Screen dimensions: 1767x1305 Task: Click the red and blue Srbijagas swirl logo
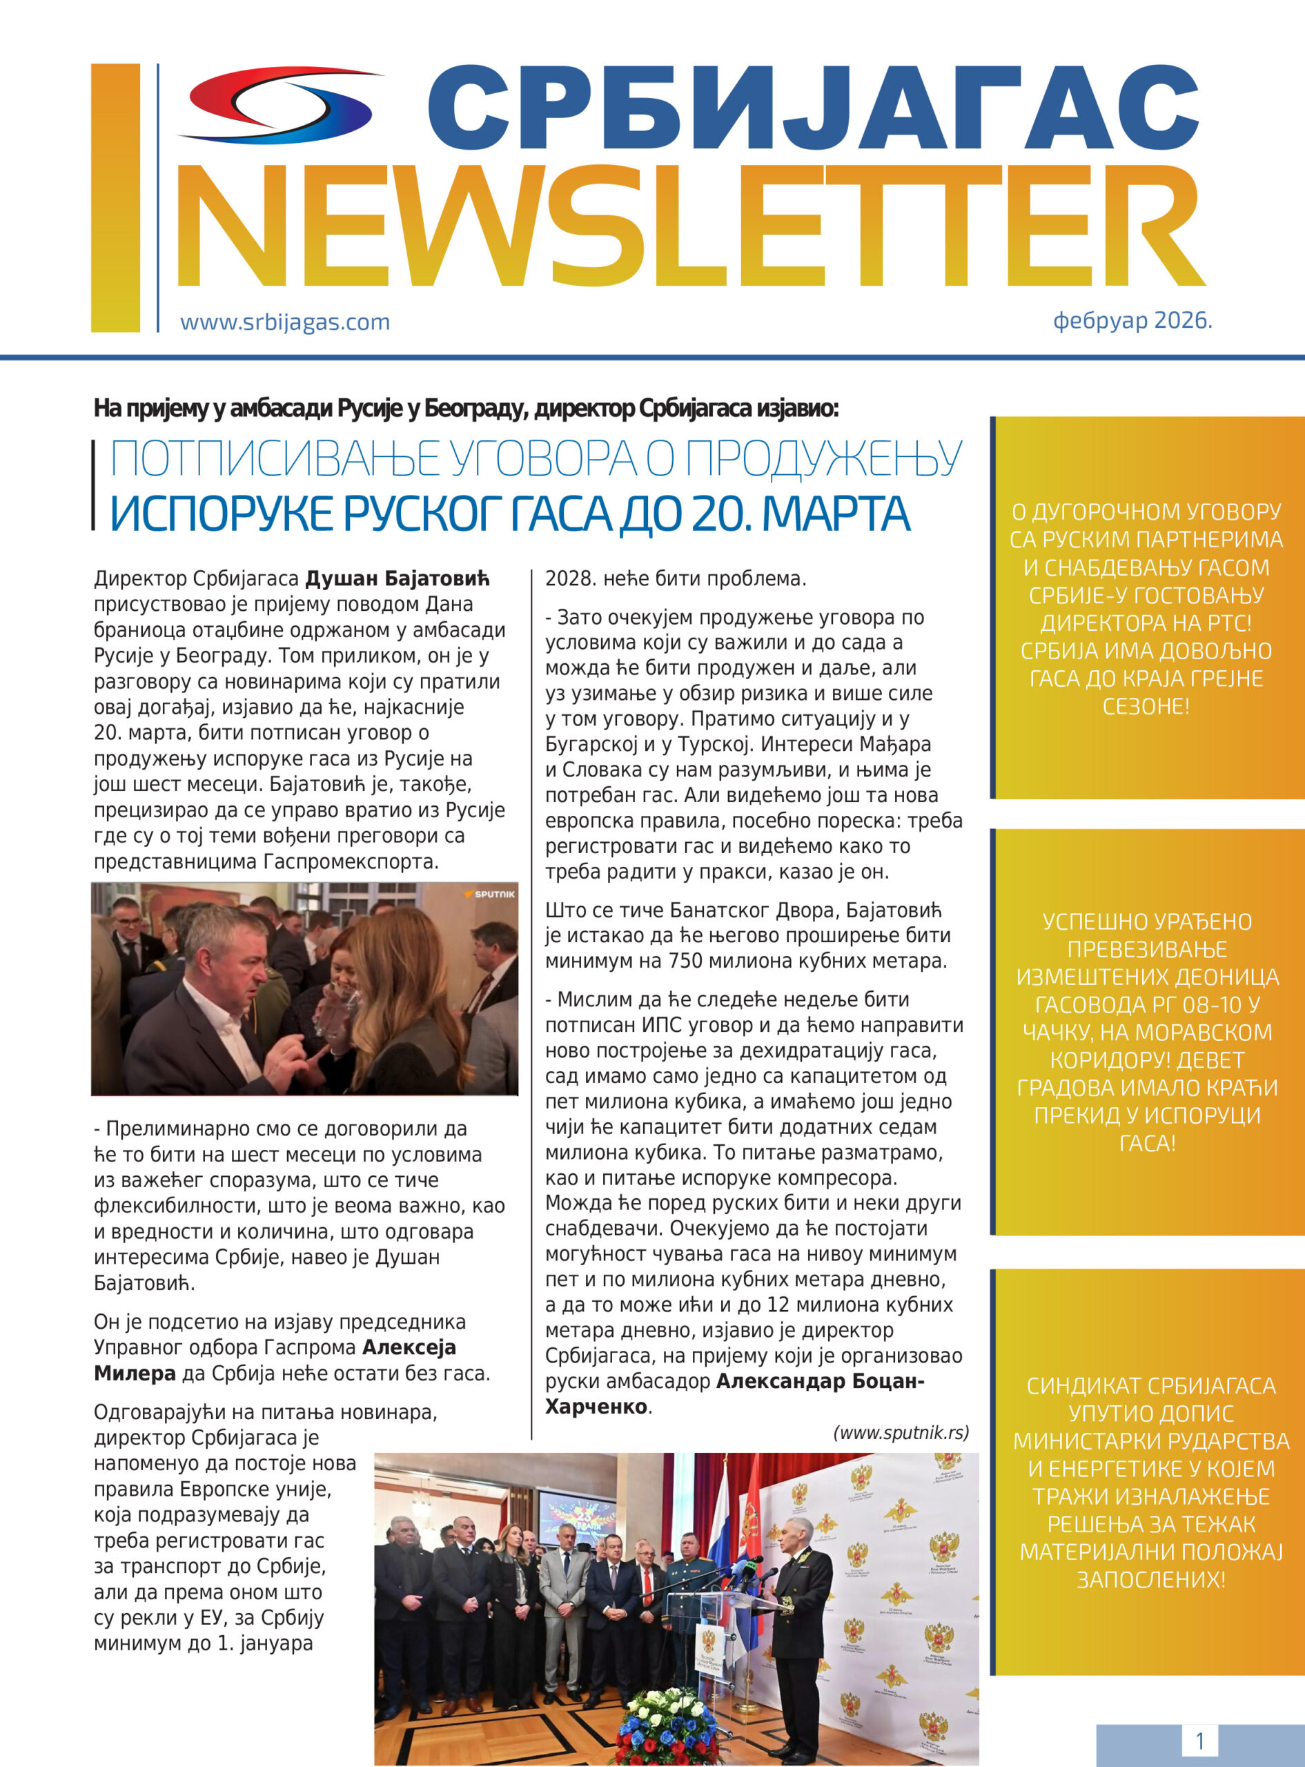click(x=280, y=105)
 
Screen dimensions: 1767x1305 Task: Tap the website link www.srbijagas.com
click(x=284, y=322)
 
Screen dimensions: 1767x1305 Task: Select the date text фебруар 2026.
click(x=1132, y=320)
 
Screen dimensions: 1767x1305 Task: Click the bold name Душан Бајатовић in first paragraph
click(x=398, y=579)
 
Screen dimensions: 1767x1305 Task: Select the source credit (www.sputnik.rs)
click(x=901, y=1432)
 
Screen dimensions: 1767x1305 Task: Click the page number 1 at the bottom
click(x=1199, y=1741)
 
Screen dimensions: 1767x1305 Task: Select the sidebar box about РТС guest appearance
click(x=1147, y=608)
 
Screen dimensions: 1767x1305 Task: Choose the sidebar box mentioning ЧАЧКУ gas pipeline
click(x=1147, y=1032)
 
